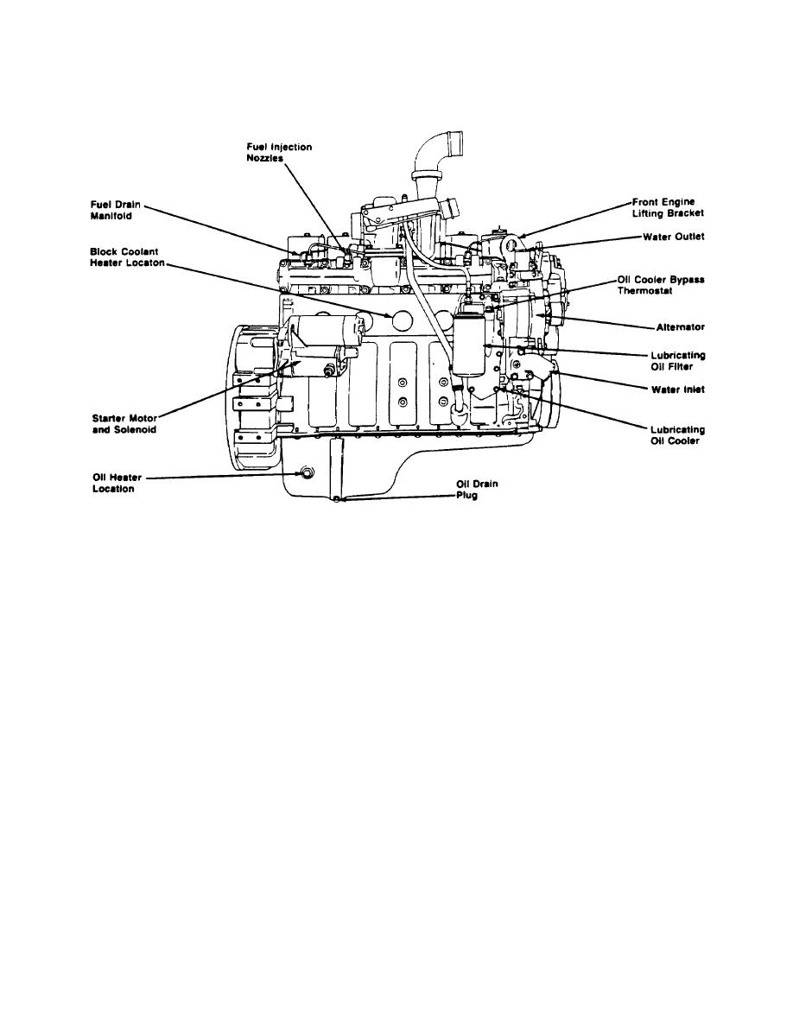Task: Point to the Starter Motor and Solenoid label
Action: click(x=124, y=424)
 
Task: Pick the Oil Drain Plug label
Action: click(x=477, y=490)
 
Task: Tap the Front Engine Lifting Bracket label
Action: click(x=670, y=206)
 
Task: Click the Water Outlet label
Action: click(x=675, y=236)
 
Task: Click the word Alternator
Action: click(x=681, y=327)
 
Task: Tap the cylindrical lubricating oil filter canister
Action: click(x=470, y=345)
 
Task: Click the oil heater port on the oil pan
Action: click(x=304, y=472)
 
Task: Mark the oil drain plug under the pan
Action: click(x=343, y=499)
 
